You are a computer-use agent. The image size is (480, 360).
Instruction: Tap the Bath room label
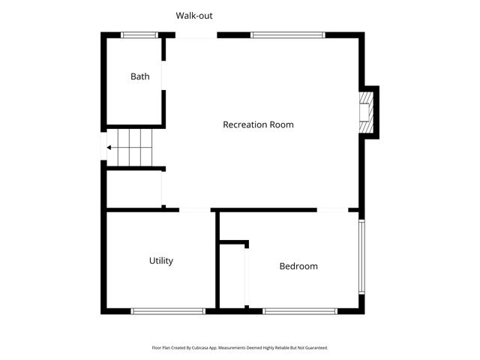(140, 76)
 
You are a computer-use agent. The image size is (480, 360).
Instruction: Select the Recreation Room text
(258, 124)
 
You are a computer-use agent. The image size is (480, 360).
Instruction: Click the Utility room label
(161, 261)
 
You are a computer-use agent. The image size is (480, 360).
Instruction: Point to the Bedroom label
(298, 266)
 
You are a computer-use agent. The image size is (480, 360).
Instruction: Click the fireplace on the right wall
(367, 112)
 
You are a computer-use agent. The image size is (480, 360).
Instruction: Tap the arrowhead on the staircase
(109, 148)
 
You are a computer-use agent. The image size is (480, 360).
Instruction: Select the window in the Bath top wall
(139, 34)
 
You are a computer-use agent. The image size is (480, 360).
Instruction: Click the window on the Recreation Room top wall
(287, 34)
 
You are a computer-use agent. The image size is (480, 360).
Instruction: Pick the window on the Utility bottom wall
(168, 310)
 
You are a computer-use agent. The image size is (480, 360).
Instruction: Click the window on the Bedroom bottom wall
(299, 310)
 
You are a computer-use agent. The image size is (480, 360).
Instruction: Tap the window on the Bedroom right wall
(361, 257)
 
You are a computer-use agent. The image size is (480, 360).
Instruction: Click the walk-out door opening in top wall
(196, 35)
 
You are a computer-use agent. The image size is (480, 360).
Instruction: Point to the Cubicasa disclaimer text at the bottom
(240, 348)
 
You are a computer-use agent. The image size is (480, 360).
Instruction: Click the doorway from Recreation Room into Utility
(195, 210)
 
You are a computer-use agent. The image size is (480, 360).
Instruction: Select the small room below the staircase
(133, 190)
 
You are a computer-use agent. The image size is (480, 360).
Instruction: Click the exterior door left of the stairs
(103, 147)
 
